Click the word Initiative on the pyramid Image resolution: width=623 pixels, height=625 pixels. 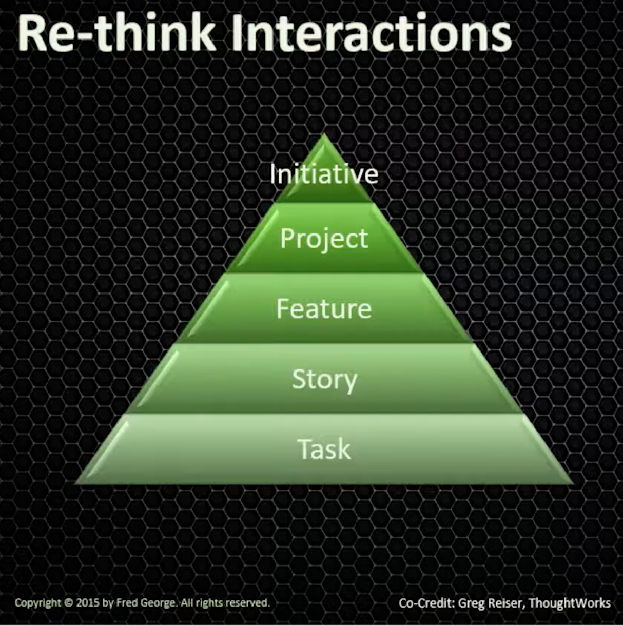tap(324, 173)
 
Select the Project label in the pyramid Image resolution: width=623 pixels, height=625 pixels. tap(324, 239)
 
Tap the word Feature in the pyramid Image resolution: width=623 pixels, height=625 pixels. tap(324, 308)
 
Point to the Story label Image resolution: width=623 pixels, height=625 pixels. tap(324, 379)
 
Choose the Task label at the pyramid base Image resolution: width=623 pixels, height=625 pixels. tap(324, 449)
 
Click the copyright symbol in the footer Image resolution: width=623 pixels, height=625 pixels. tap(68, 602)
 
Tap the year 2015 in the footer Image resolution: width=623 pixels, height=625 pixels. tap(88, 602)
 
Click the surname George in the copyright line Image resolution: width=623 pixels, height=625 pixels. tap(157, 602)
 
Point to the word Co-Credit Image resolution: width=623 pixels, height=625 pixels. tap(426, 603)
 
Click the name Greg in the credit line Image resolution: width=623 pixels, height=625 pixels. tap(470, 603)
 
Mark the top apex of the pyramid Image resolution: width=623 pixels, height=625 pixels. tap(324, 135)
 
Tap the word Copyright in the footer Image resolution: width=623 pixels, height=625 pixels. tap(37, 602)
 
